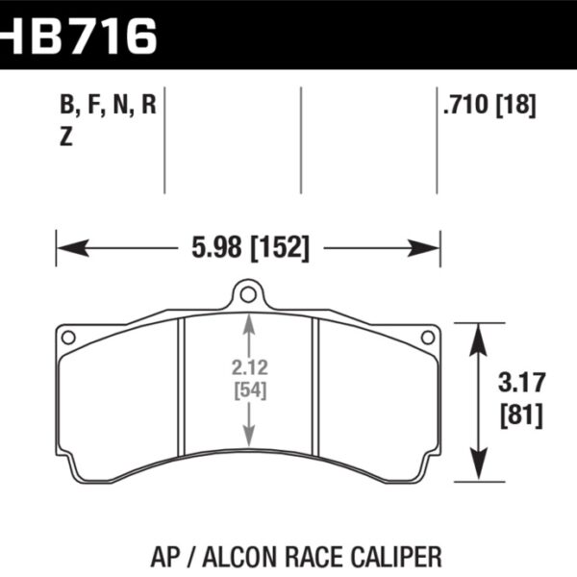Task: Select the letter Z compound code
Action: click(65, 137)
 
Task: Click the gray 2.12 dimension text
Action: click(249, 365)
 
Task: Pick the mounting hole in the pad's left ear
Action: click(68, 337)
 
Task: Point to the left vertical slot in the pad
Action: click(183, 385)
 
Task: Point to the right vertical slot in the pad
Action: click(315, 385)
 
